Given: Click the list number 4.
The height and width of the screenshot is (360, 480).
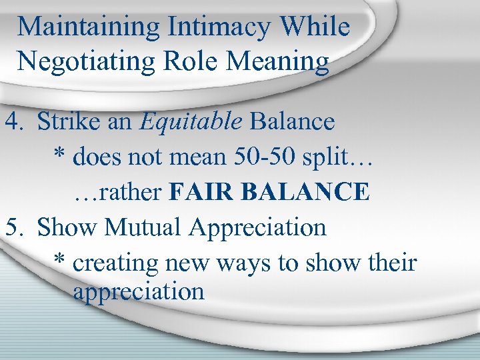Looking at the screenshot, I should [x=13, y=122].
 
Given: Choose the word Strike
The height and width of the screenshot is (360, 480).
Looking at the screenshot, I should [x=68, y=122].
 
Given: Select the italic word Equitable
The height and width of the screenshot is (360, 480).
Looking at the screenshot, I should [x=193, y=122].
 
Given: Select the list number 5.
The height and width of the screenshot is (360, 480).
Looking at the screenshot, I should [x=13, y=227].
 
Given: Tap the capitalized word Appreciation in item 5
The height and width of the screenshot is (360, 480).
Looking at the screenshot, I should [x=257, y=227].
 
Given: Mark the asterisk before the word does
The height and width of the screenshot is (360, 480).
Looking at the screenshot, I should [x=59, y=156].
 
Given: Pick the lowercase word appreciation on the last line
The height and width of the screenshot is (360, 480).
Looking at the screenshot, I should [x=139, y=292].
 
